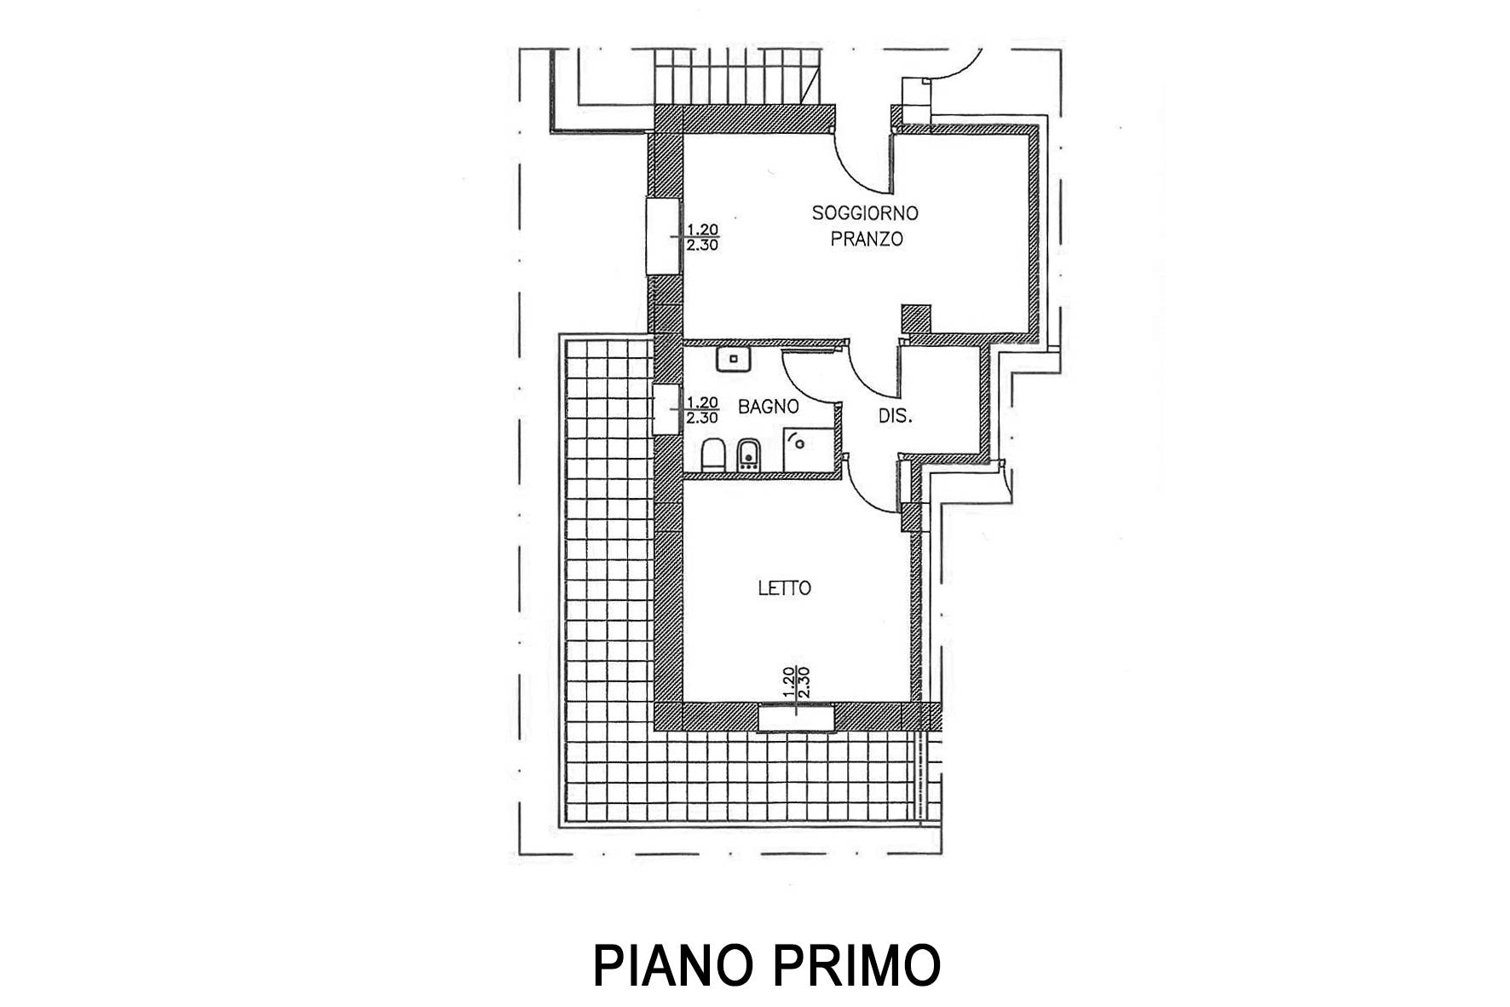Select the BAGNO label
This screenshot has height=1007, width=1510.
[x=768, y=408]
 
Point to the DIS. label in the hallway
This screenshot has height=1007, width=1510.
[x=896, y=417]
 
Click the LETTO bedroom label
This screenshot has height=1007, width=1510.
[x=784, y=588]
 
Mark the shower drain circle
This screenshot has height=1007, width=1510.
[x=798, y=441]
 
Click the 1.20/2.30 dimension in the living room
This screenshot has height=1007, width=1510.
[x=703, y=236]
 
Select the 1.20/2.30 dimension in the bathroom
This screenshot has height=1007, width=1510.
[x=703, y=410]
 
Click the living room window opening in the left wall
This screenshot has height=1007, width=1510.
[x=663, y=236]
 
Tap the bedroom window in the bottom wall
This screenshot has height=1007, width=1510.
[x=796, y=718]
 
